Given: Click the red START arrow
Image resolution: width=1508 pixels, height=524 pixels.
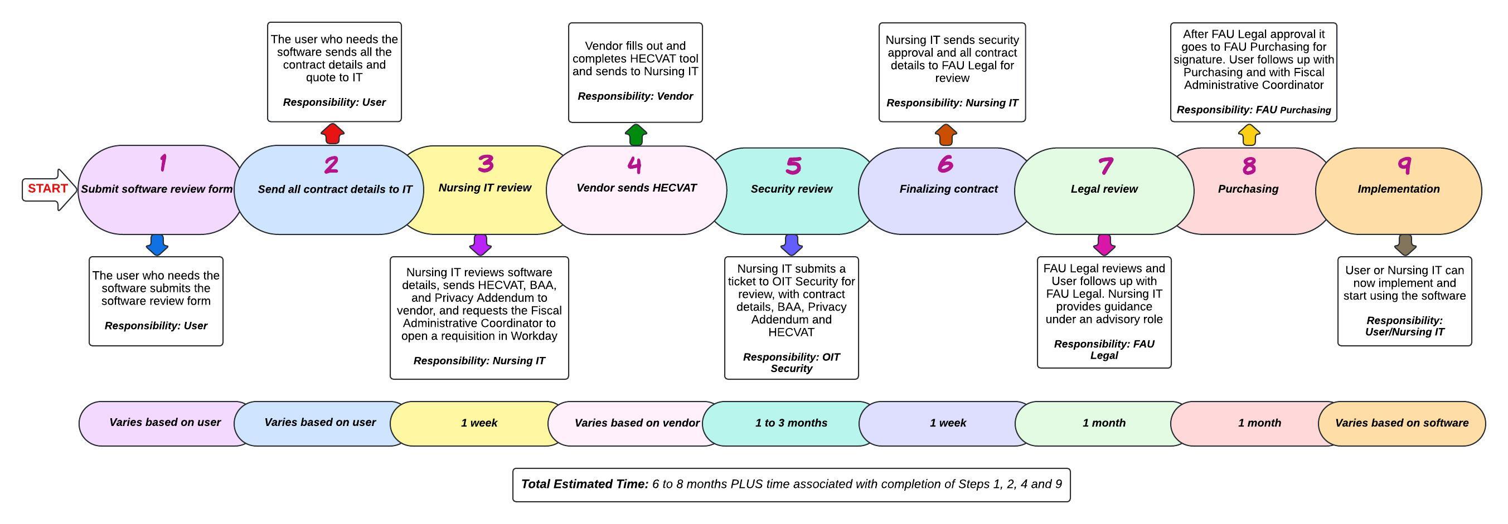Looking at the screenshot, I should point(49,189).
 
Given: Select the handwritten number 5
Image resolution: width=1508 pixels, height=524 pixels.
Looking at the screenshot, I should point(793,165).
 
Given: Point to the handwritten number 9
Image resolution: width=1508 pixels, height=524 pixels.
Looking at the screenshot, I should point(1404,165).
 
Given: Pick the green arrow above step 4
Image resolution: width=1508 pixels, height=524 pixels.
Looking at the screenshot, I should point(636,135).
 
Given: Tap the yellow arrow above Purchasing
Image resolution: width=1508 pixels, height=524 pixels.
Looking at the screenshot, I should point(1249,135).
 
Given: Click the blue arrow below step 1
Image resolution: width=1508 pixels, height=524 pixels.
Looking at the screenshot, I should point(157,244).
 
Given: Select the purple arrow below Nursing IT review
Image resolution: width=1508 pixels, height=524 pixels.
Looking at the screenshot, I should point(480,244).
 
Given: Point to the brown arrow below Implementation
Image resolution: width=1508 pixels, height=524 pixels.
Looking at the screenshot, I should point(1405,244).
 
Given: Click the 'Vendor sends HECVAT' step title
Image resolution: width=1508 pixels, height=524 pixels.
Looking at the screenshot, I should point(636,188).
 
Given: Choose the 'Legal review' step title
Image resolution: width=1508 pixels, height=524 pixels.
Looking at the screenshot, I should point(1104,189).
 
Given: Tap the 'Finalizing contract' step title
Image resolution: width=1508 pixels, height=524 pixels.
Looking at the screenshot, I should point(948,189).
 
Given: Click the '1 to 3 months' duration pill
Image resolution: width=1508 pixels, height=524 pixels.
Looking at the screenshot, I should point(791,423).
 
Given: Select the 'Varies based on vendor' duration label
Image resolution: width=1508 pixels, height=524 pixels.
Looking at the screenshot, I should point(637,423).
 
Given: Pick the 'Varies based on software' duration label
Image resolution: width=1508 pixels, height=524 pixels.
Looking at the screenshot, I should point(1402,423).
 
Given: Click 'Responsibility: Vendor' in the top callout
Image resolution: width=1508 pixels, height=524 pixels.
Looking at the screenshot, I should point(635,96).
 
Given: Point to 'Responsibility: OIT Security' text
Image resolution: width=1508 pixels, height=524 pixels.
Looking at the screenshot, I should point(792,363).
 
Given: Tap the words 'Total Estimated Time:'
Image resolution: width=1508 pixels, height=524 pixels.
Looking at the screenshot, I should point(585,484).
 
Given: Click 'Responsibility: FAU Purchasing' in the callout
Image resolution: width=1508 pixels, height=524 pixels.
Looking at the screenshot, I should point(1253,110).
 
